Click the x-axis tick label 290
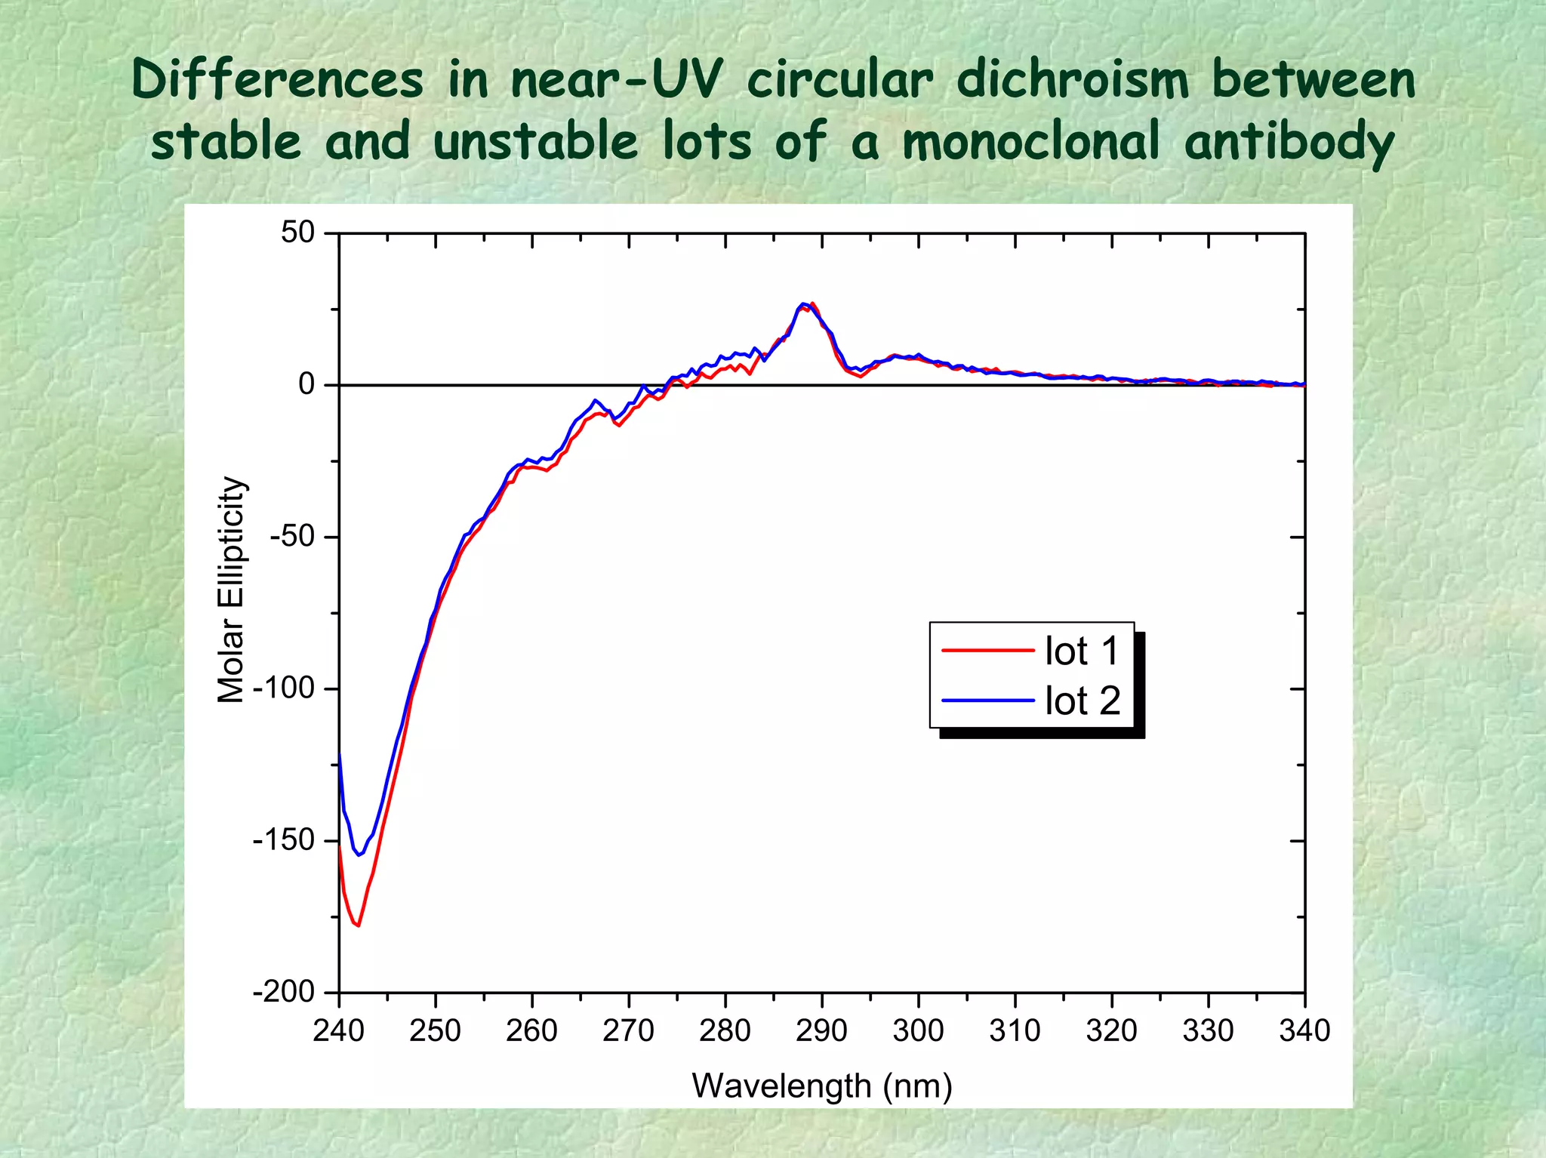[821, 1031]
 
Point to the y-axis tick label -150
[283, 840]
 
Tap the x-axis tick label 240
[338, 1031]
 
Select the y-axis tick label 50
[297, 233]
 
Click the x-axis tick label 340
[1304, 1031]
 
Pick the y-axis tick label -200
[283, 992]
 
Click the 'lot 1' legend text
[1081, 651]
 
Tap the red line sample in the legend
[987, 650]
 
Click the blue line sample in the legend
[987, 701]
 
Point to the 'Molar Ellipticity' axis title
[231, 590]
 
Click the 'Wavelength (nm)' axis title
[822, 1086]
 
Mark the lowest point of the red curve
[359, 925]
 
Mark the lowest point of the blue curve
[359, 855]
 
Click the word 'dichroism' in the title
[1072, 80]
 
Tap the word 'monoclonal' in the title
[1031, 141]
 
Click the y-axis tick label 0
[306, 385]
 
